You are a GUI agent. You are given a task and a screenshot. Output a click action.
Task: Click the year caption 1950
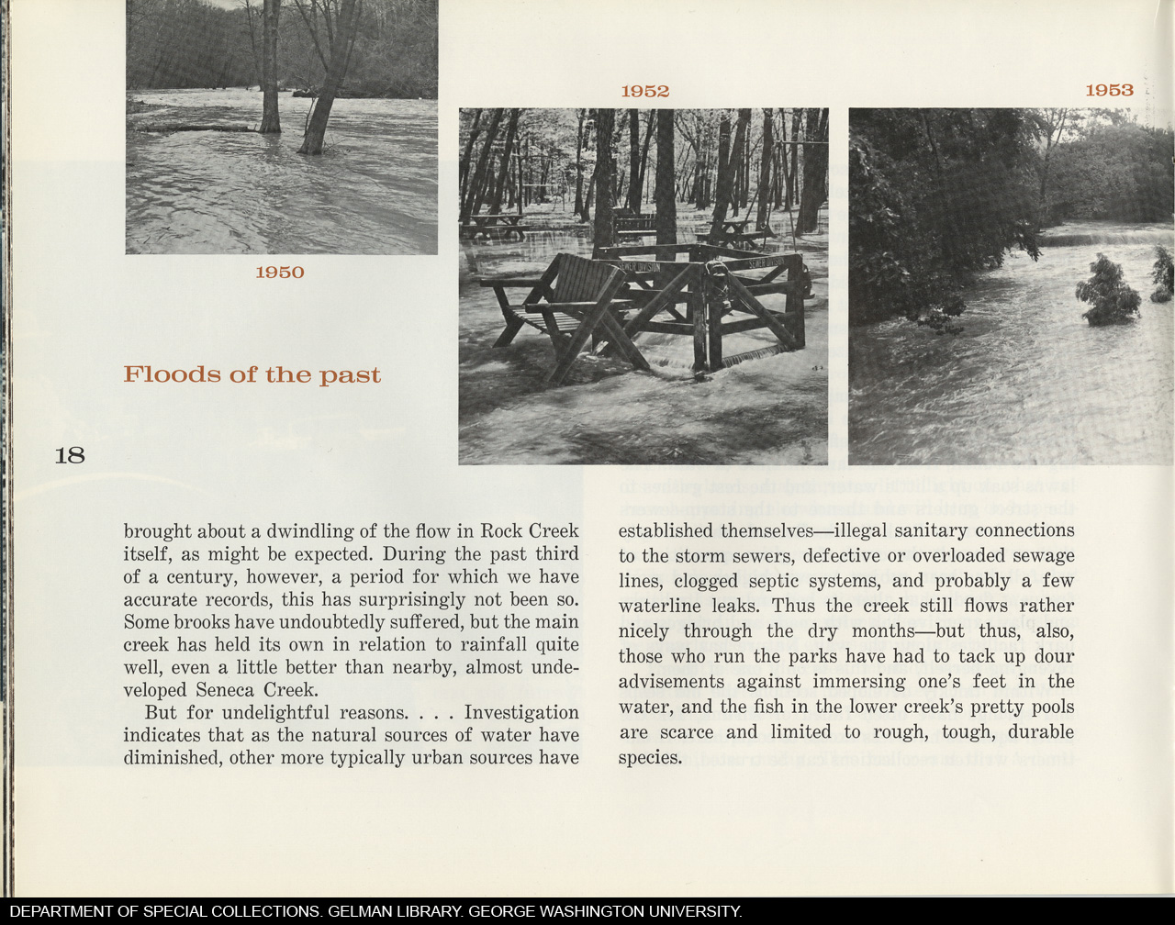click(279, 273)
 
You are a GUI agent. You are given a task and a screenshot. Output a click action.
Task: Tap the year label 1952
click(644, 91)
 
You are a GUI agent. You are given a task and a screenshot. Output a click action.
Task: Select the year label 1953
click(1109, 90)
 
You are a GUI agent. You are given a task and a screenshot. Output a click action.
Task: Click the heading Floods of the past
click(252, 375)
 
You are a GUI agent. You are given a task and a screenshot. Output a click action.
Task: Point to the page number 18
click(70, 455)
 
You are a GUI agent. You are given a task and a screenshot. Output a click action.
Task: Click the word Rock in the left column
click(501, 531)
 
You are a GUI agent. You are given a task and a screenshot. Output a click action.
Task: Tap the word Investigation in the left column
click(521, 713)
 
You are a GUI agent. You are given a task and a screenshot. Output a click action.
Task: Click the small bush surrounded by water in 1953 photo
click(1107, 292)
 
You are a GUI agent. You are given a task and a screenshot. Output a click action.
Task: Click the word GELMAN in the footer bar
click(368, 912)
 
